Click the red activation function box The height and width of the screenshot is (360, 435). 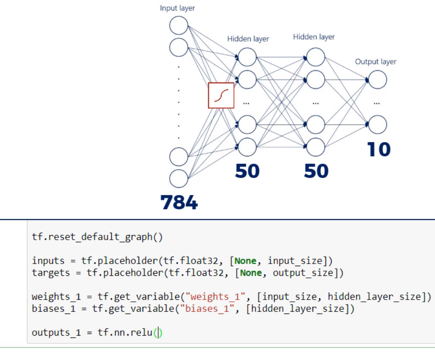[x=221, y=95]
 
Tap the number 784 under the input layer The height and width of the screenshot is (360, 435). [x=179, y=202]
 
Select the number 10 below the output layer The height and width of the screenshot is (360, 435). [x=379, y=149]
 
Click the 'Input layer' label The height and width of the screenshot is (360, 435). [x=177, y=8]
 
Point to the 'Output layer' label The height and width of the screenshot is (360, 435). [x=375, y=62]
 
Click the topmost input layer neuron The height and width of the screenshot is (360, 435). [x=179, y=25]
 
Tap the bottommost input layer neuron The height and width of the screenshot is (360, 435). [x=179, y=178]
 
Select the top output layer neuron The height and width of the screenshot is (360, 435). [x=377, y=80]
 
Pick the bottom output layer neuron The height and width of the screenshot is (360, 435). [x=377, y=125]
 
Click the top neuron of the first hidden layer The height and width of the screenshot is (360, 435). [x=247, y=57]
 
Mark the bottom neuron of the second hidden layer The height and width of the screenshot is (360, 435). [x=315, y=147]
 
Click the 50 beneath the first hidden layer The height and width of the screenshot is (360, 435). [x=247, y=171]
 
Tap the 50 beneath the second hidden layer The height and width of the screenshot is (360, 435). [x=316, y=171]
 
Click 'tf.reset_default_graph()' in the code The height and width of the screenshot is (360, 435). [x=97, y=237]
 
